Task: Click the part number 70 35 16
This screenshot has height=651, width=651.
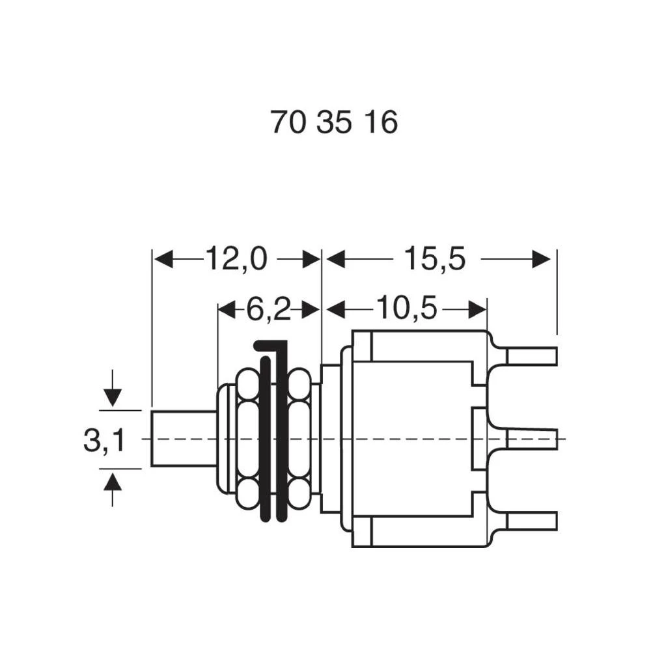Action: pos(334,122)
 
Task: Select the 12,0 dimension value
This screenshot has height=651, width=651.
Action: pos(237,259)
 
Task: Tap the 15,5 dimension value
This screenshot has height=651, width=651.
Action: pos(435,259)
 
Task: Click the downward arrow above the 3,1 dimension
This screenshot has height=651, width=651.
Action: pos(113,393)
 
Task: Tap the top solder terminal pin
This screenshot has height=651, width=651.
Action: pos(531,356)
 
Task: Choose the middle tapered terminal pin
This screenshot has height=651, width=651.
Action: pos(531,438)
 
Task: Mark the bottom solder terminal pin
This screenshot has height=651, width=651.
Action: pos(531,521)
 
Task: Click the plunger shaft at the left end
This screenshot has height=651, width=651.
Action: pos(184,438)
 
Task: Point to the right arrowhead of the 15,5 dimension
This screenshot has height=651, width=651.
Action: pos(542,259)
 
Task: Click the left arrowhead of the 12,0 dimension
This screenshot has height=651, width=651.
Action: pos(163,259)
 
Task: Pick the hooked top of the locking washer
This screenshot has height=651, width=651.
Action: pos(271,346)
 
